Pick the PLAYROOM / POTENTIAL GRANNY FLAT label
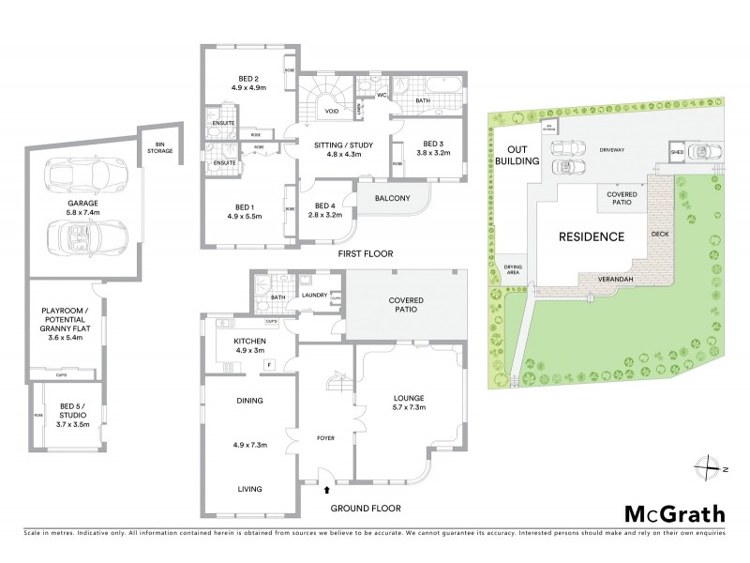point(65,324)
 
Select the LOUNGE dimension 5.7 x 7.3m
point(409,408)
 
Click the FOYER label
point(324,438)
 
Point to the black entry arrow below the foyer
point(326,489)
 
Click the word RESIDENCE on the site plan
point(592,236)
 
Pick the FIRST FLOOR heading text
point(367,254)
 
